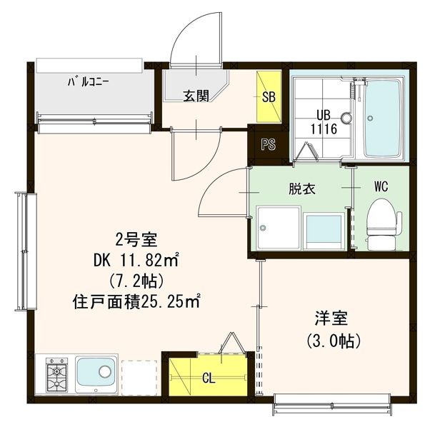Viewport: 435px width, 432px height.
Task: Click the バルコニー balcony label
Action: coord(89,81)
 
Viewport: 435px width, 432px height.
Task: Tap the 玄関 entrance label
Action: coord(195,96)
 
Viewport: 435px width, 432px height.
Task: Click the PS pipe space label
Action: coord(269,145)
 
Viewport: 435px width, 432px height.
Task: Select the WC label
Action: coord(380,187)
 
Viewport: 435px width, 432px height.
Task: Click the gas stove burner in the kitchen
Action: coord(56,374)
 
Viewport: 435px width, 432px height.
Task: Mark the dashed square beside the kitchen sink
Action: coord(138,374)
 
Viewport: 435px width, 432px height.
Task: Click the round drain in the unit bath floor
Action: coord(346,119)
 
